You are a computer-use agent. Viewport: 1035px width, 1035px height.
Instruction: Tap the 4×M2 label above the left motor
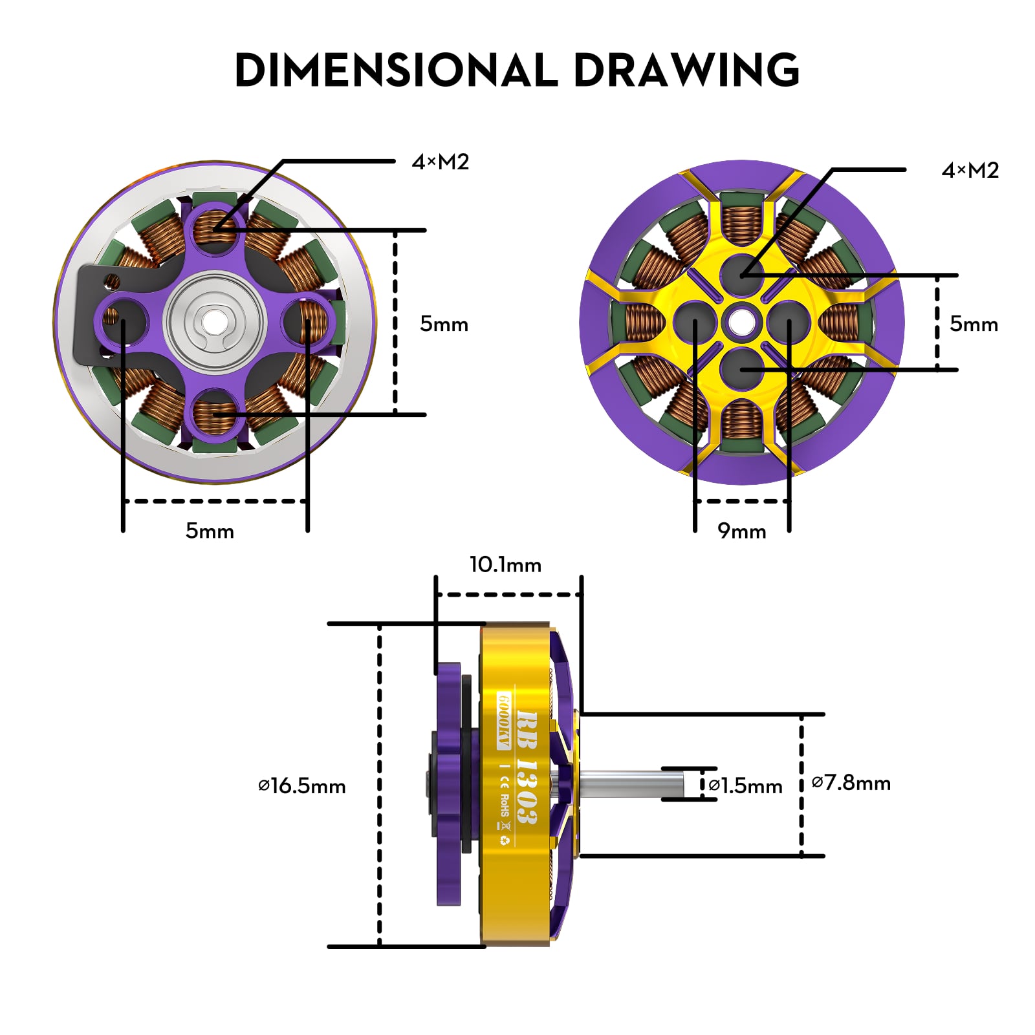click(x=440, y=162)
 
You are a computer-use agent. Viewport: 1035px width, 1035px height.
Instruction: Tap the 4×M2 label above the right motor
click(x=970, y=170)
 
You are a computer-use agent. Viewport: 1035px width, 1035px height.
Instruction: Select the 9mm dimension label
click(x=741, y=531)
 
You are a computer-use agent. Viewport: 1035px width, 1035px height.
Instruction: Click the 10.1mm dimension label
click(x=505, y=565)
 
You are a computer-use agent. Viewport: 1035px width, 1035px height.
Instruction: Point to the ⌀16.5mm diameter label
click(x=302, y=786)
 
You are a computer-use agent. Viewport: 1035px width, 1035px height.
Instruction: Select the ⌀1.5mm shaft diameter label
click(x=745, y=785)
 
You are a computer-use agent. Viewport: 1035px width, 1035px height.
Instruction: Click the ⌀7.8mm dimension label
click(x=851, y=783)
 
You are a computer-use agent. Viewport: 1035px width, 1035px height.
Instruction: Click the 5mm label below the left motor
click(x=210, y=531)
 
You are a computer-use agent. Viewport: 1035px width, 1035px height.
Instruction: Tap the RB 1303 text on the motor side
click(x=527, y=767)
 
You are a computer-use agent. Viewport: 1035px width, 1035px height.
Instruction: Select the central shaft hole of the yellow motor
click(x=742, y=321)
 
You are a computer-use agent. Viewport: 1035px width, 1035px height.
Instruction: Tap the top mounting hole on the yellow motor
click(x=742, y=273)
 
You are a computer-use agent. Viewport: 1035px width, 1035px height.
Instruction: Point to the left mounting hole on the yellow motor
click(x=695, y=321)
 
